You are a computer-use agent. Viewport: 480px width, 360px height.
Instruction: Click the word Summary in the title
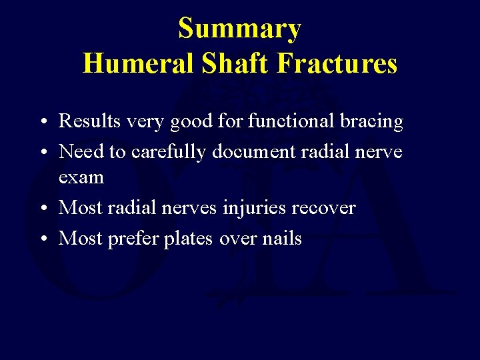click(x=239, y=29)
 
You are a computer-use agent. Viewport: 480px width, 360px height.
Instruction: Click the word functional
click(x=283, y=121)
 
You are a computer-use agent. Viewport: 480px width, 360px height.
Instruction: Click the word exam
click(x=81, y=178)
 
